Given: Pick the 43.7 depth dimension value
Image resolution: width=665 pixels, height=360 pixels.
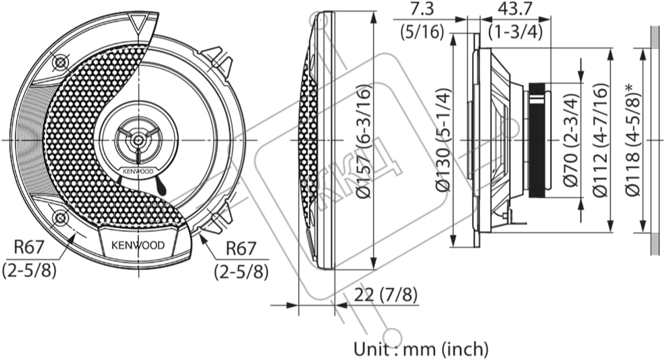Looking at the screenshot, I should click(x=515, y=10).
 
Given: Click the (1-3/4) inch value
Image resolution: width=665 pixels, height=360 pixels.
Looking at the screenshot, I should click(x=516, y=32).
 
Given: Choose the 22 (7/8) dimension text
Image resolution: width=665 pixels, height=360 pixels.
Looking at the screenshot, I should click(x=386, y=294).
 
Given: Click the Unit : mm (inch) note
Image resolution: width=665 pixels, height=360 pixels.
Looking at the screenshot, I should click(x=421, y=348).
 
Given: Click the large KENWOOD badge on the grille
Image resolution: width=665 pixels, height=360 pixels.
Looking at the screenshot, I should click(x=138, y=245).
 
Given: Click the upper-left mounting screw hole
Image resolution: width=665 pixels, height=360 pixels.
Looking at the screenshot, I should click(x=59, y=61).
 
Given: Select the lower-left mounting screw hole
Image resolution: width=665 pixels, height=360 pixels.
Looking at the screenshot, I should click(x=59, y=217).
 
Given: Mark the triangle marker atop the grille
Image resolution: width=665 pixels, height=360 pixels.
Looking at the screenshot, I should click(x=137, y=24).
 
